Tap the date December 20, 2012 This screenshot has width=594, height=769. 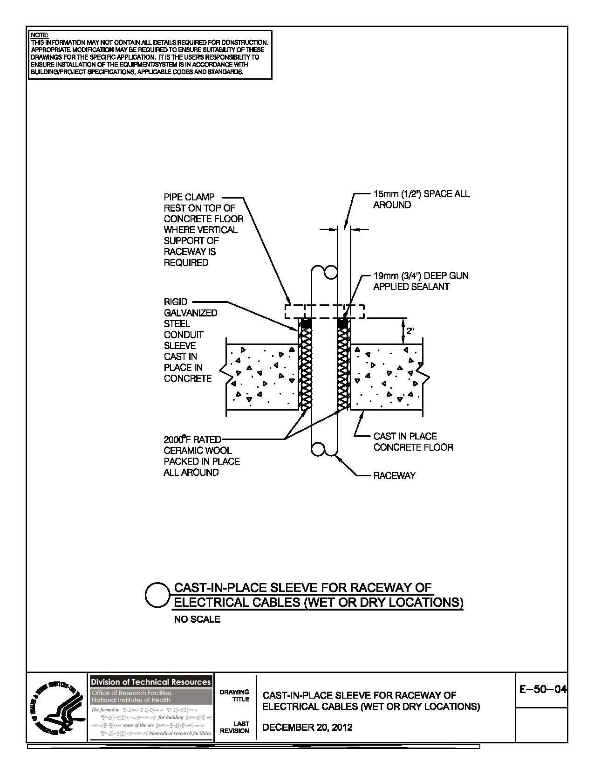click(x=307, y=727)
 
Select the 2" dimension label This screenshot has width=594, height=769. click(x=410, y=331)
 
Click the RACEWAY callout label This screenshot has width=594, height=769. click(x=394, y=476)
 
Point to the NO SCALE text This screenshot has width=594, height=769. click(x=197, y=619)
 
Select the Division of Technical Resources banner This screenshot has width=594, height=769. click(x=150, y=682)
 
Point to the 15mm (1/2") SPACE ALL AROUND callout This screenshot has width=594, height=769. click(x=421, y=199)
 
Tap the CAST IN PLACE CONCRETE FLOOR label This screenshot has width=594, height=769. click(x=413, y=442)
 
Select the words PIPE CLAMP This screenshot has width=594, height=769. click(x=189, y=197)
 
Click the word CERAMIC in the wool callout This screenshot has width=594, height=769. click(x=184, y=450)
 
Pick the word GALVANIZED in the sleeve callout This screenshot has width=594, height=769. click(x=191, y=313)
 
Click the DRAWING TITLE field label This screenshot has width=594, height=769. click(x=241, y=695)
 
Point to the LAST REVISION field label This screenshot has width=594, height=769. click(x=241, y=727)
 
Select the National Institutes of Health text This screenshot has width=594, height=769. click(x=131, y=700)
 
